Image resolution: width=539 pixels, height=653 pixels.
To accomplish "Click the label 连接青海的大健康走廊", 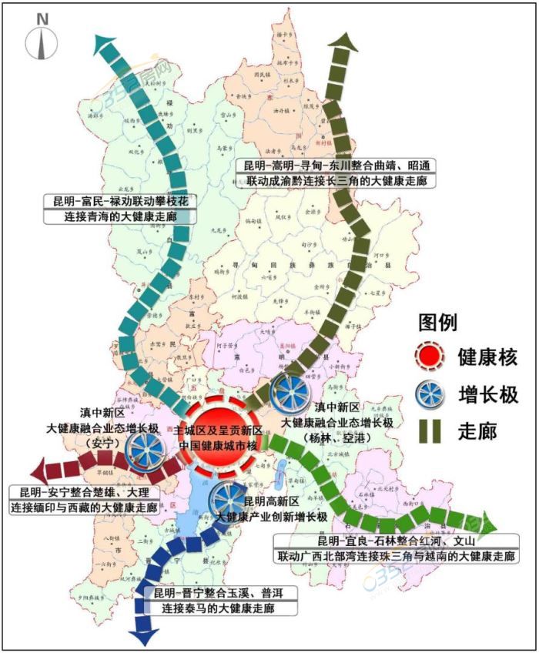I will [120, 216].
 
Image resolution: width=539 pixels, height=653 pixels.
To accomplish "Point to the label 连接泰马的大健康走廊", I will [221, 608].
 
